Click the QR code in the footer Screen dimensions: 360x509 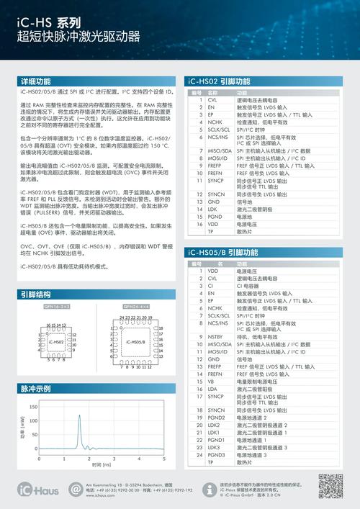[x=330, y=487]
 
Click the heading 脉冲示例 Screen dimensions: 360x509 [x=35, y=389]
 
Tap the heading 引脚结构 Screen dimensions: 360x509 [x=35, y=294]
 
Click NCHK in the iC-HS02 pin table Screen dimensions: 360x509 [x=212, y=122]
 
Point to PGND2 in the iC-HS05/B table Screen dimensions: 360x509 [x=214, y=417]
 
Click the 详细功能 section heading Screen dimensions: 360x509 [x=35, y=81]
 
